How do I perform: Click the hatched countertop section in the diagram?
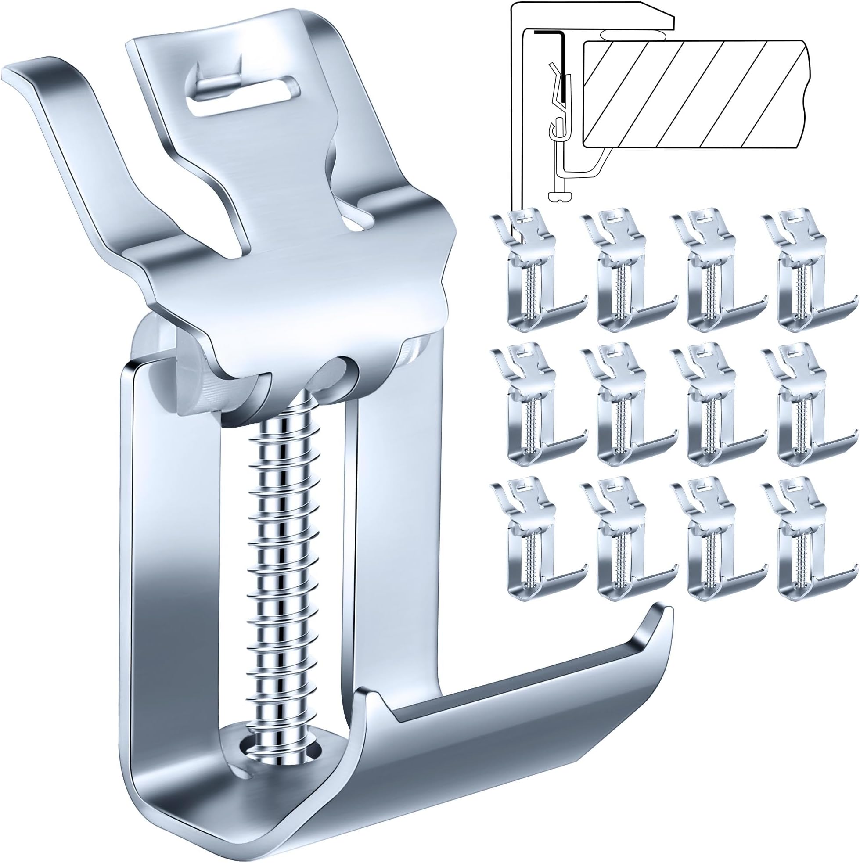tap(692, 94)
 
